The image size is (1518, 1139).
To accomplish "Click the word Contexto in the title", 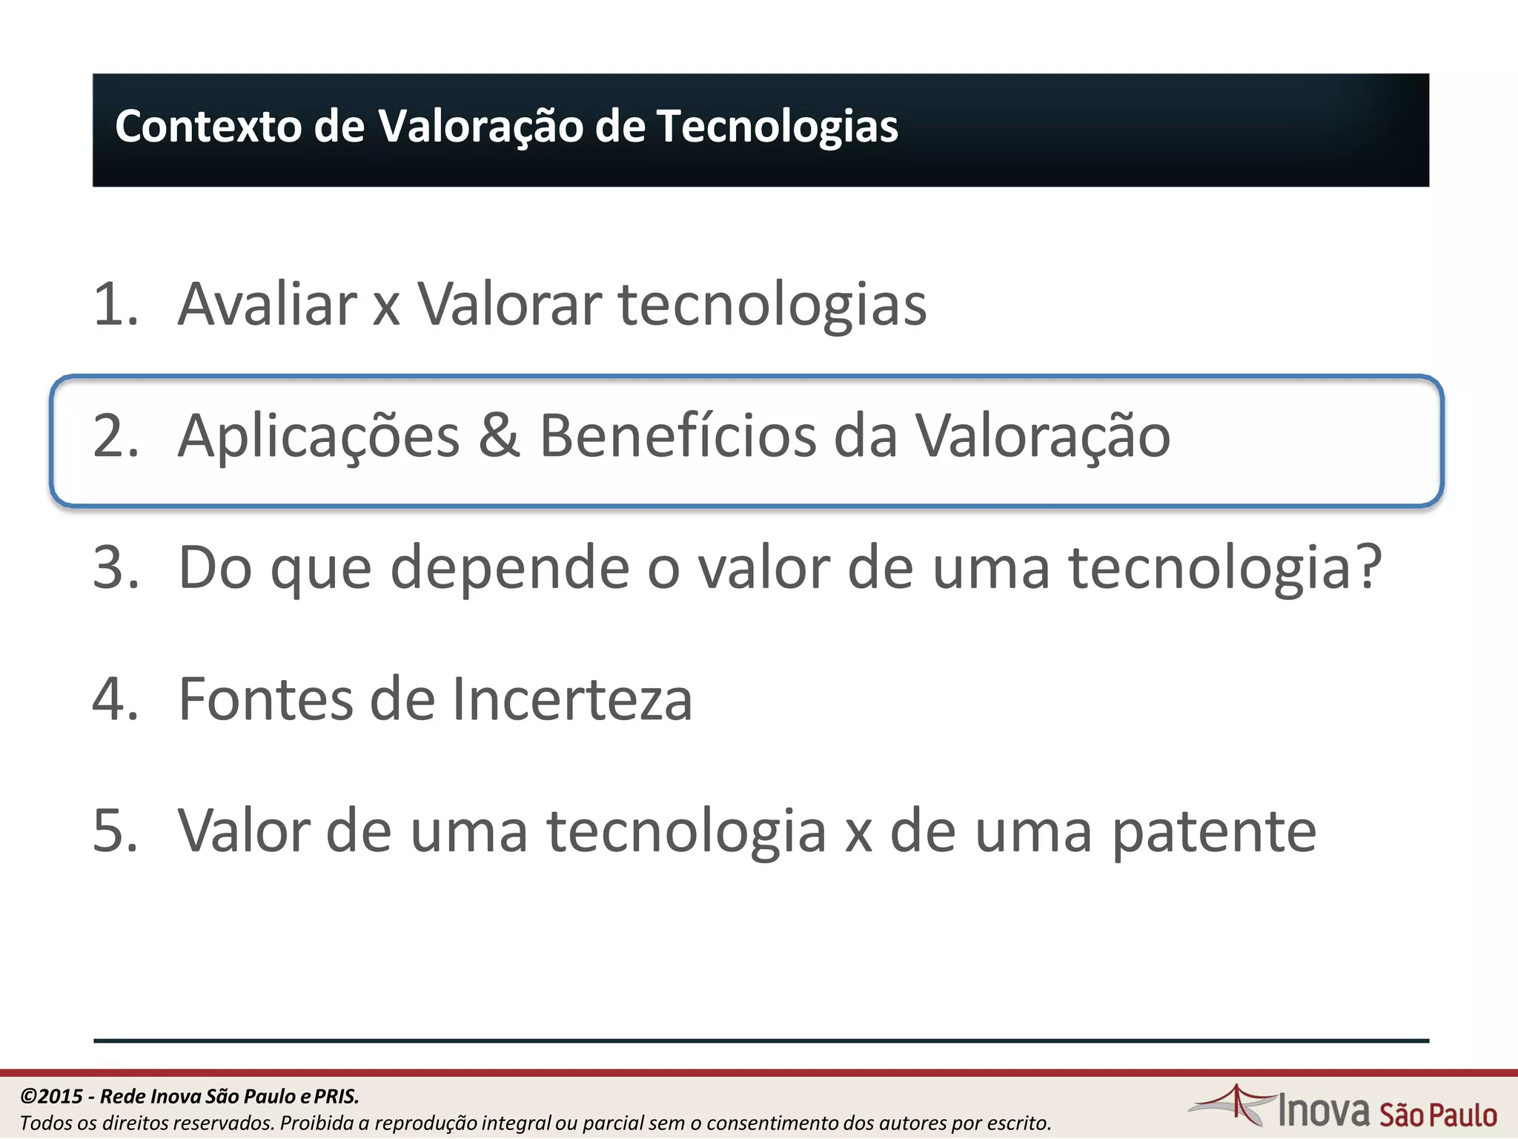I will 208,126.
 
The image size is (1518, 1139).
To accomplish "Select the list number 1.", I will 115,304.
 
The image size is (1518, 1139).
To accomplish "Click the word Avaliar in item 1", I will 267,304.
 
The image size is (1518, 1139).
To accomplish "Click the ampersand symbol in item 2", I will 499,436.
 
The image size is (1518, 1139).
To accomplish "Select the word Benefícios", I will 677,436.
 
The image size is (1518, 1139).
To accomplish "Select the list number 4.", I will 116,699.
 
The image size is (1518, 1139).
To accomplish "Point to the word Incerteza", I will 571,699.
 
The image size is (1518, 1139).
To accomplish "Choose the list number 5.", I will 116,831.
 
